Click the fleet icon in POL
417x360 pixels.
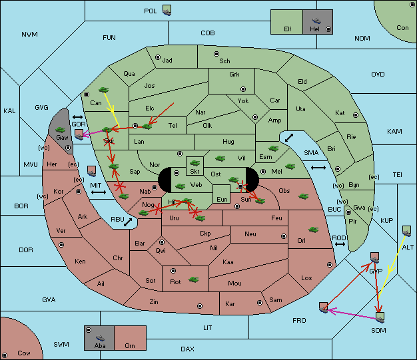tap(167, 11)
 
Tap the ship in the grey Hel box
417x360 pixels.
tap(316, 21)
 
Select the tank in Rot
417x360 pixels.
tap(194, 279)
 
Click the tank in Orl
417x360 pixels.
tap(314, 230)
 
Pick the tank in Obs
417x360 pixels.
tap(304, 196)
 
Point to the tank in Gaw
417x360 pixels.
tap(61, 130)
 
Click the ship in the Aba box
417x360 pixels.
tap(100, 338)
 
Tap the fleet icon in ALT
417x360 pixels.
tap(406, 231)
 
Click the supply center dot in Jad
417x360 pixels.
tap(158, 57)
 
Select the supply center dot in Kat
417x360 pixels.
tap(356, 115)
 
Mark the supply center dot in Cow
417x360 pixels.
tap(5, 355)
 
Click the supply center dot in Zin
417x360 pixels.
tap(200, 306)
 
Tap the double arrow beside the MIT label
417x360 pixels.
tap(99, 192)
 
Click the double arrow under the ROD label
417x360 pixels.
tap(340, 244)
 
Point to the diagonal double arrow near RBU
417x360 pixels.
tap(128, 222)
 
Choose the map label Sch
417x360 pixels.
tap(224, 61)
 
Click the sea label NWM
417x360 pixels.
tap(29, 35)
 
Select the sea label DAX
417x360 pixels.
tap(187, 349)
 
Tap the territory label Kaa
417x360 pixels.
tap(228, 262)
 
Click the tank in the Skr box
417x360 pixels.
tap(195, 162)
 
